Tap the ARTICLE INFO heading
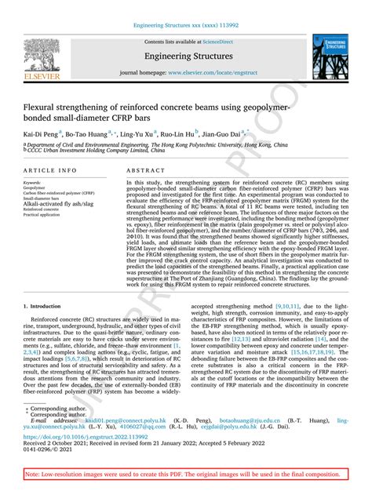50,170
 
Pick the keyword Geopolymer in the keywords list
35,188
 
